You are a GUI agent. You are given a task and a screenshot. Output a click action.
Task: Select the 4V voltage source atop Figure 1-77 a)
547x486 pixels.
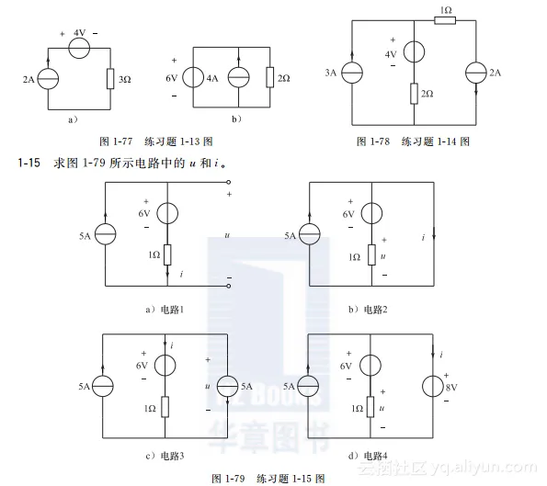point(80,45)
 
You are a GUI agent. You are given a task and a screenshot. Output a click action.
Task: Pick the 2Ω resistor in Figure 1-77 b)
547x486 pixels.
point(269,78)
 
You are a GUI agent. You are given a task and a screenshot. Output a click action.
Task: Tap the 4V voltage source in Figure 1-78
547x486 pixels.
point(415,53)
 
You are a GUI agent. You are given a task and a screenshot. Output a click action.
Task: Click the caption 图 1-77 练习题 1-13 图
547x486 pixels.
point(155,142)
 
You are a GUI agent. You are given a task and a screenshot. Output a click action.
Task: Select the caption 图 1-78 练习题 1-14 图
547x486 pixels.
point(413,142)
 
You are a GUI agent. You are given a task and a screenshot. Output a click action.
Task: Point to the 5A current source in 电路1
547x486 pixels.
point(106,235)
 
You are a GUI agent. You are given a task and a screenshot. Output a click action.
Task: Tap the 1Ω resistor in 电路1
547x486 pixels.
point(166,255)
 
